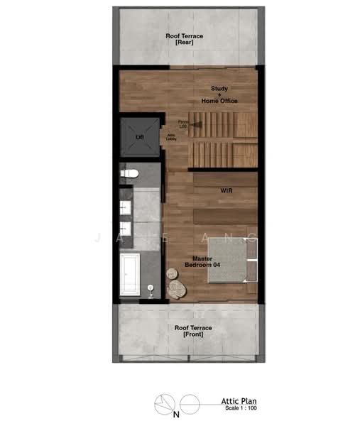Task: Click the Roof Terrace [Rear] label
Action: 185,39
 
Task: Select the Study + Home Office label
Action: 219,95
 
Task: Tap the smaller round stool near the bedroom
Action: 172,273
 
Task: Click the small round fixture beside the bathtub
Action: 151,288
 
